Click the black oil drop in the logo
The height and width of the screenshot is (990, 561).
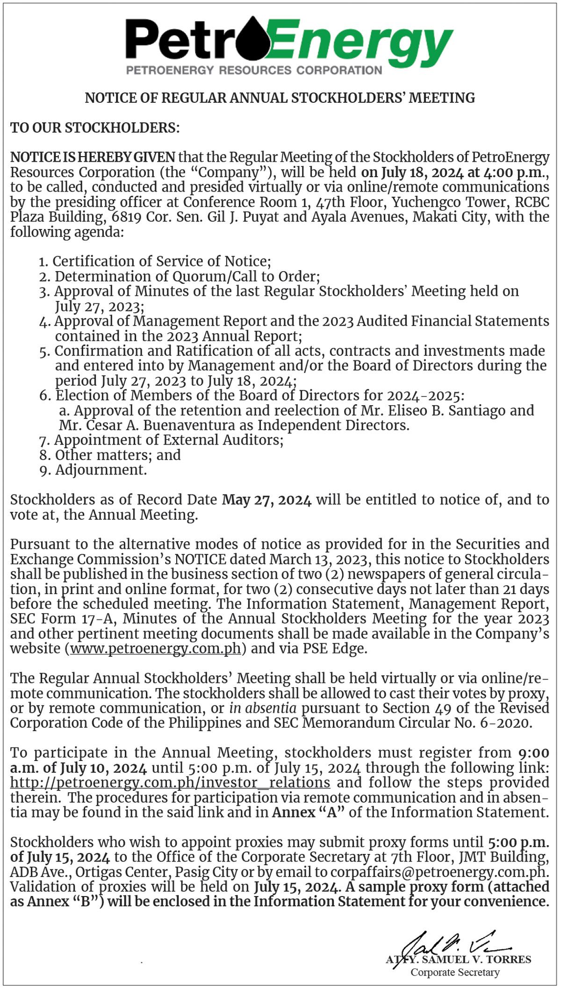[x=253, y=40]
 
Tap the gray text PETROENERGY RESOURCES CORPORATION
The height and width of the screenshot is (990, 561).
[x=254, y=71]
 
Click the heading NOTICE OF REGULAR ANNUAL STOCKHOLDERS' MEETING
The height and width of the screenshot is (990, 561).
[x=280, y=98]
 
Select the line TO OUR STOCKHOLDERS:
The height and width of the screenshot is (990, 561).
[x=95, y=128]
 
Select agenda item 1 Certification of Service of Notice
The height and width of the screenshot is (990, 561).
[x=161, y=261]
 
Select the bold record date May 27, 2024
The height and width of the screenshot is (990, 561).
[x=266, y=500]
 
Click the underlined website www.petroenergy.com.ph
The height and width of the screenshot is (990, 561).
[x=156, y=649]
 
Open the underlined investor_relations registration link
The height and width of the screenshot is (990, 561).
[x=170, y=782]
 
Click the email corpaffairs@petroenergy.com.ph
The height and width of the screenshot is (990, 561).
[x=438, y=872]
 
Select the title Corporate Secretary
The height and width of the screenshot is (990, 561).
[x=455, y=972]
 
